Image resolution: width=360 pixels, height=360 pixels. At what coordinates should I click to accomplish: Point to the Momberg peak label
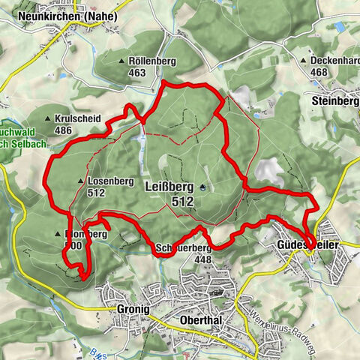(x=88, y=234)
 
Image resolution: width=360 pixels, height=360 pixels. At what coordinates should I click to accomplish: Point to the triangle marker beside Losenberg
(x=80, y=181)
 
